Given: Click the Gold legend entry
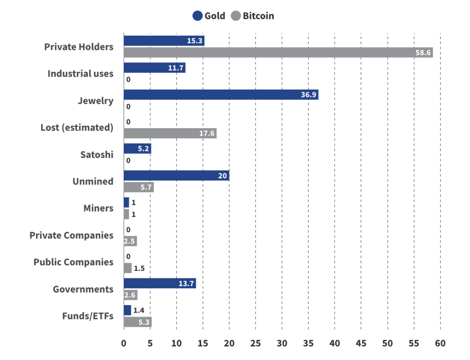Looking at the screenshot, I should pyautogui.click(x=209, y=16).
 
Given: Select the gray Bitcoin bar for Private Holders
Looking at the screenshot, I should pyautogui.click(x=278, y=53).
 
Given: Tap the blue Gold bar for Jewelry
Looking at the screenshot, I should pyautogui.click(x=221, y=95).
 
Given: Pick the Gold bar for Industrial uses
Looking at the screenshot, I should pyautogui.click(x=154, y=68).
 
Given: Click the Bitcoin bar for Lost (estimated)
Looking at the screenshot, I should pyautogui.click(x=170, y=133).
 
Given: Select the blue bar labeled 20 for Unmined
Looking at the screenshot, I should pyautogui.click(x=176, y=176).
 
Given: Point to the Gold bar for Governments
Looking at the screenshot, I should pyautogui.click(x=160, y=283).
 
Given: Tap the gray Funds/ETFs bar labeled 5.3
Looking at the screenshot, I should pyautogui.click(x=138, y=322).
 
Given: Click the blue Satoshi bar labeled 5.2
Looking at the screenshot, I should pyautogui.click(x=137, y=149).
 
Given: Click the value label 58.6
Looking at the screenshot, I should pyautogui.click(x=423, y=53).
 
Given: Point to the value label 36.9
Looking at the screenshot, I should pyautogui.click(x=308, y=95).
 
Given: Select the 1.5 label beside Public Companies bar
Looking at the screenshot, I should pyautogui.click(x=139, y=268).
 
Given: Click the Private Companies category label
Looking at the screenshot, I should pyautogui.click(x=71, y=235).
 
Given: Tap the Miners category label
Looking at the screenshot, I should pyautogui.click(x=98, y=208).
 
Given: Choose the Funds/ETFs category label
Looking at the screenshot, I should pyautogui.click(x=88, y=316).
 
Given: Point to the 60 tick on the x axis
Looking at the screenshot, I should pyautogui.click(x=440, y=343).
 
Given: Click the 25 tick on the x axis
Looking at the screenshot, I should pyautogui.click(x=255, y=343).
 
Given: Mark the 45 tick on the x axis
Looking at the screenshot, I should pyautogui.click(x=361, y=343).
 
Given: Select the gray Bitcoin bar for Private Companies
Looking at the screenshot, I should pyautogui.click(x=130, y=241).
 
